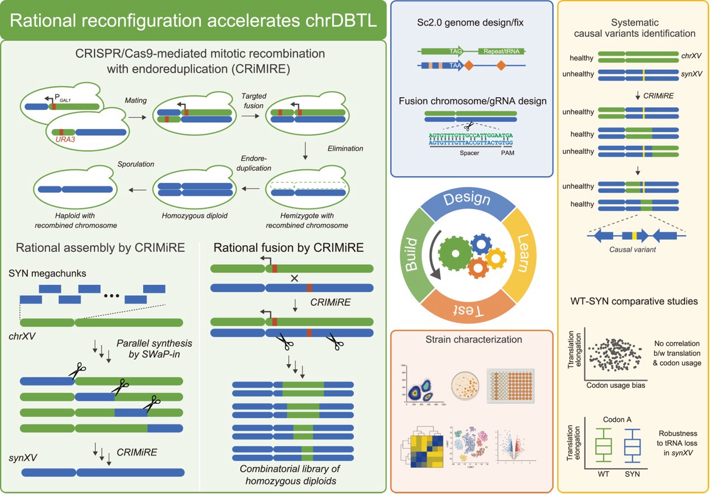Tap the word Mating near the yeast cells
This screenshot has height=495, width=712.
click(136, 101)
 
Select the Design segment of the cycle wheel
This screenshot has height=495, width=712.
click(467, 199)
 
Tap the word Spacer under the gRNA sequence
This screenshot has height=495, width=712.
click(469, 152)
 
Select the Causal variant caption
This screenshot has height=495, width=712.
click(632, 249)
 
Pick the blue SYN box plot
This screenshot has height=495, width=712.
click(632, 446)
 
